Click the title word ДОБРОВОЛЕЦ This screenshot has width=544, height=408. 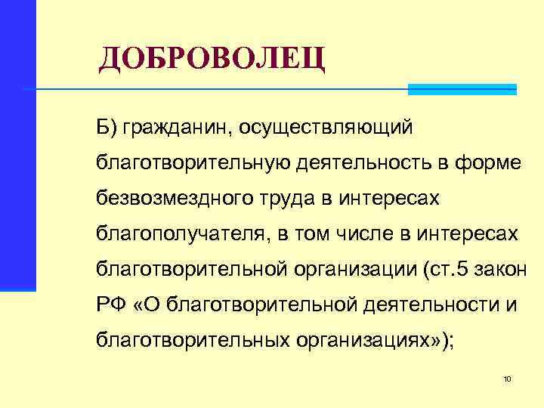[x=212, y=59]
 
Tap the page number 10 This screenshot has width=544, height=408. [x=508, y=379]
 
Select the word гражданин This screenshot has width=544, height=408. [x=178, y=128]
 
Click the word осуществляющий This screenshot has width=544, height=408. [x=326, y=128]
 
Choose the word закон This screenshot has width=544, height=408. [x=516, y=270]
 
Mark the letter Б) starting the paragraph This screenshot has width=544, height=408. [x=107, y=128]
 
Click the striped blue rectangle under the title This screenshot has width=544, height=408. [x=462, y=89]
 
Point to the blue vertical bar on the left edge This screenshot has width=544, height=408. [x=17, y=144]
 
